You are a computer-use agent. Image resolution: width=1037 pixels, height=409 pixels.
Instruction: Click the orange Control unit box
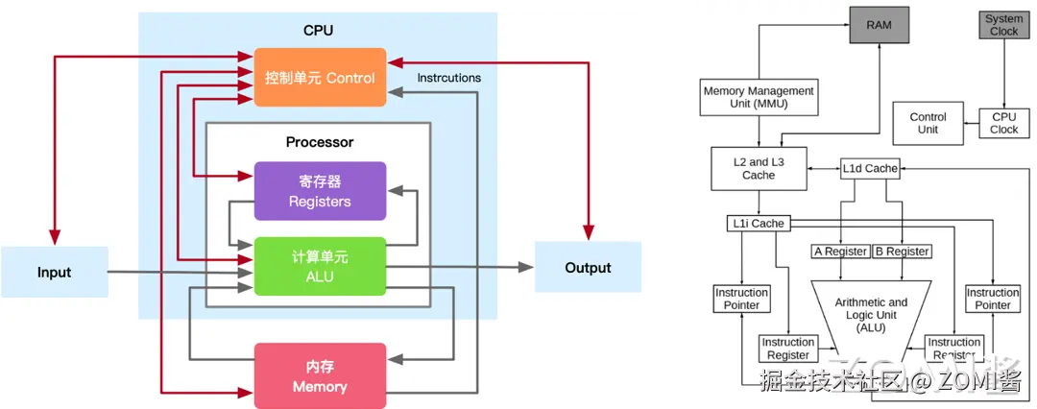[320, 77]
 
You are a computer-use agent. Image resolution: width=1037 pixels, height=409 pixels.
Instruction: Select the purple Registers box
[320, 190]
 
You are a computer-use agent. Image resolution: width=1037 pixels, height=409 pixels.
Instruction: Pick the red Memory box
[320, 374]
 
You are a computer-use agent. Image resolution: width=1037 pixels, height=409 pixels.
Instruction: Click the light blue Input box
[54, 272]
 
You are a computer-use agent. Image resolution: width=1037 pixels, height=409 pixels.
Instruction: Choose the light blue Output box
[588, 267]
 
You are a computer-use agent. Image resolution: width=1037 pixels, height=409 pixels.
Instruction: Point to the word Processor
[320, 142]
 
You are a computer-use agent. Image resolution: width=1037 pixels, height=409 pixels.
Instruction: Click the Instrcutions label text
[449, 78]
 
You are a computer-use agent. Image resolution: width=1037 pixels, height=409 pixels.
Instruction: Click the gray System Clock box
[1003, 25]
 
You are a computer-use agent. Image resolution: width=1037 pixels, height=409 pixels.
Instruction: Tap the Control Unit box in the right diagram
[928, 123]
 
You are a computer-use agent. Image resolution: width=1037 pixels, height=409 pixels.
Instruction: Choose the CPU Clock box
[1003, 123]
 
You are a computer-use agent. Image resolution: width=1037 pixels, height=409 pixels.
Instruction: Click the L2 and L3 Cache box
[759, 169]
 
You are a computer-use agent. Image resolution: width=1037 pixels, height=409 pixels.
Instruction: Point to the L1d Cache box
[870, 168]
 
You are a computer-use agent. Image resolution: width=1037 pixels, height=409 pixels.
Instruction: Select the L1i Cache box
[756, 224]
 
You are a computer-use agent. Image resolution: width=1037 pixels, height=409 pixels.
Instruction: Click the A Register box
[840, 252]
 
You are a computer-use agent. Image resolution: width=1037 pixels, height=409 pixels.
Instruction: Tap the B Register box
[903, 252]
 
